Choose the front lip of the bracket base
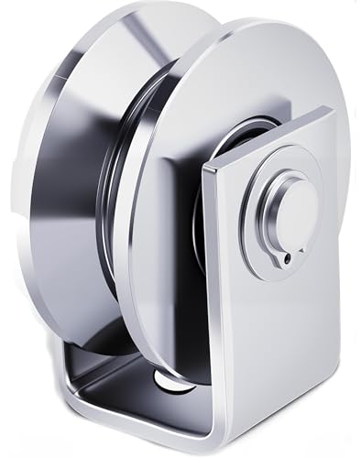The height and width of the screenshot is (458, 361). coord(137,431)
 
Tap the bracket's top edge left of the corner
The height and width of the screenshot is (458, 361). coord(275,136)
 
